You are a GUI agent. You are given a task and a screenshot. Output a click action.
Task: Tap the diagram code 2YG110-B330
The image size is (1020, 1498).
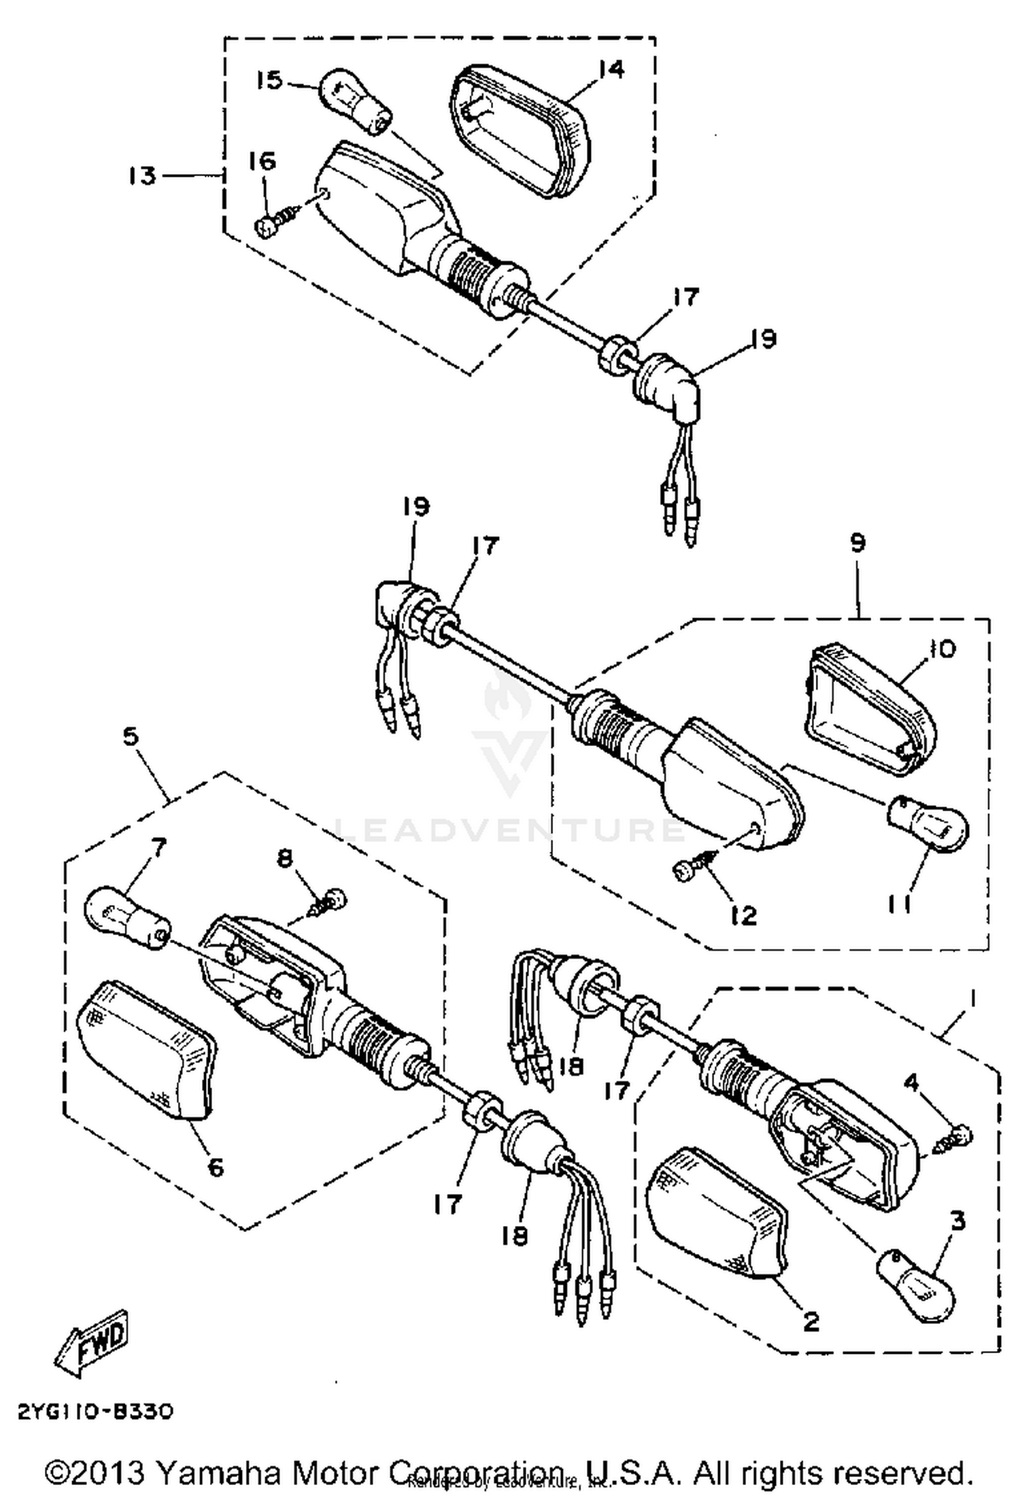[x=95, y=1412]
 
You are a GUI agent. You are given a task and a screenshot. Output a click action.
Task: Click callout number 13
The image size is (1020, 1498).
[x=142, y=175]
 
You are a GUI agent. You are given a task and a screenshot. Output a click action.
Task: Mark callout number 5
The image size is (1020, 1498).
[x=131, y=736]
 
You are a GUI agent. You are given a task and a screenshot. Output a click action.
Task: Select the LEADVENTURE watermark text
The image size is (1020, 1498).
[x=510, y=830]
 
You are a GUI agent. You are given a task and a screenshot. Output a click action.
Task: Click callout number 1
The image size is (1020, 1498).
[x=972, y=999]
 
